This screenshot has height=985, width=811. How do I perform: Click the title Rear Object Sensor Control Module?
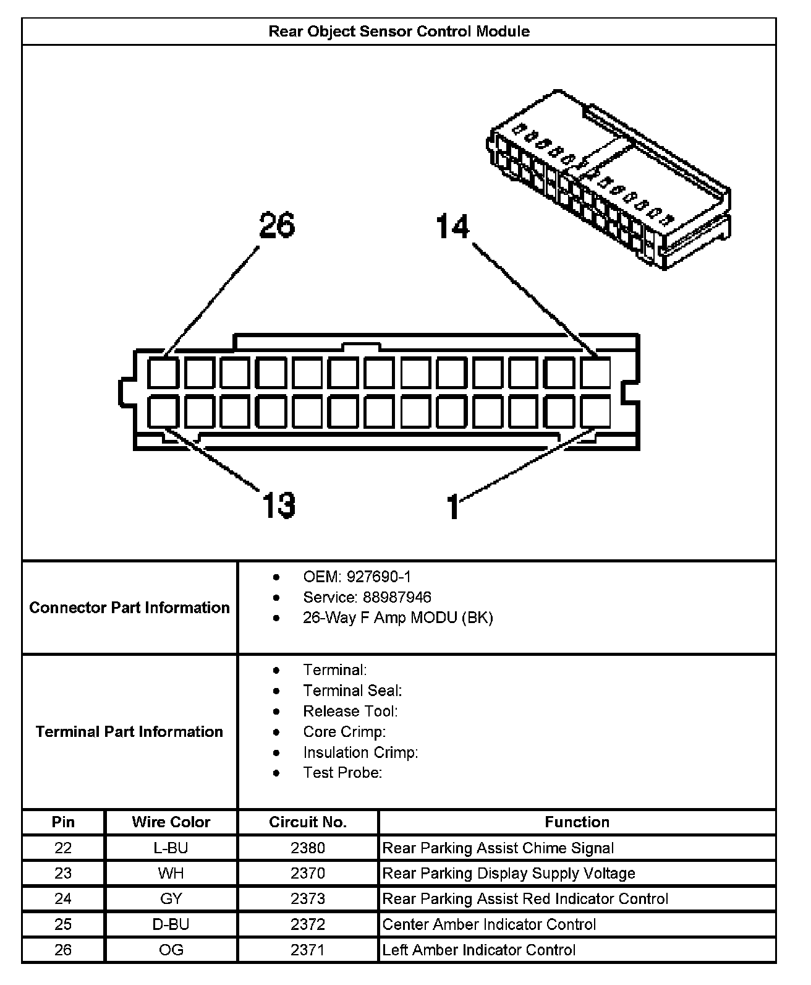[399, 32]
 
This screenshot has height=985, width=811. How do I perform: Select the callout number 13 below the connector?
[279, 505]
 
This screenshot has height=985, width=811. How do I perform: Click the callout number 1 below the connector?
[453, 506]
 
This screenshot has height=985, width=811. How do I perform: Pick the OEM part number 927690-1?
[378, 577]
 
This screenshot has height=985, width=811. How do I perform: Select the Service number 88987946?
[389, 597]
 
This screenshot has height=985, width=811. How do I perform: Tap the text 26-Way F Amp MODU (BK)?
[397, 617]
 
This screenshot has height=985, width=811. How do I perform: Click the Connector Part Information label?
[129, 608]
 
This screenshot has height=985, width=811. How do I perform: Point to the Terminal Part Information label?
[129, 732]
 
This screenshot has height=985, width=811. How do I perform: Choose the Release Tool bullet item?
[350, 712]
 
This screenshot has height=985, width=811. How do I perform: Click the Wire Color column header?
[171, 822]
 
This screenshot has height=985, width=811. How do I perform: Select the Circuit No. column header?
[308, 822]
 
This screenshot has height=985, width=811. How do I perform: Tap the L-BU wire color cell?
[171, 848]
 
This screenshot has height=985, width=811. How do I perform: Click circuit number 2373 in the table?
[308, 898]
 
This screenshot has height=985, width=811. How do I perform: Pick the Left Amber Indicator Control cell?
[479, 950]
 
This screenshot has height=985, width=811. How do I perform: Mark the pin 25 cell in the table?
[63, 924]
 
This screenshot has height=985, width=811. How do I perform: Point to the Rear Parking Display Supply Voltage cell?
[509, 873]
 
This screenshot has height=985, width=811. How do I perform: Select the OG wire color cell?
[171, 950]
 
